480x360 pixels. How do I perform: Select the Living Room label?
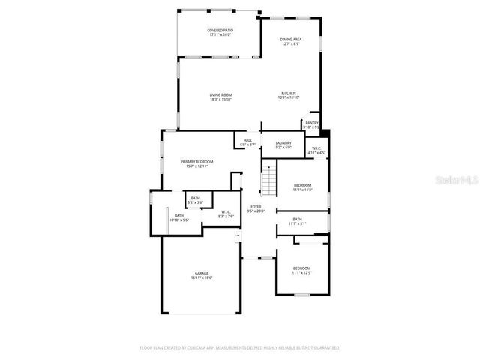220,96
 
